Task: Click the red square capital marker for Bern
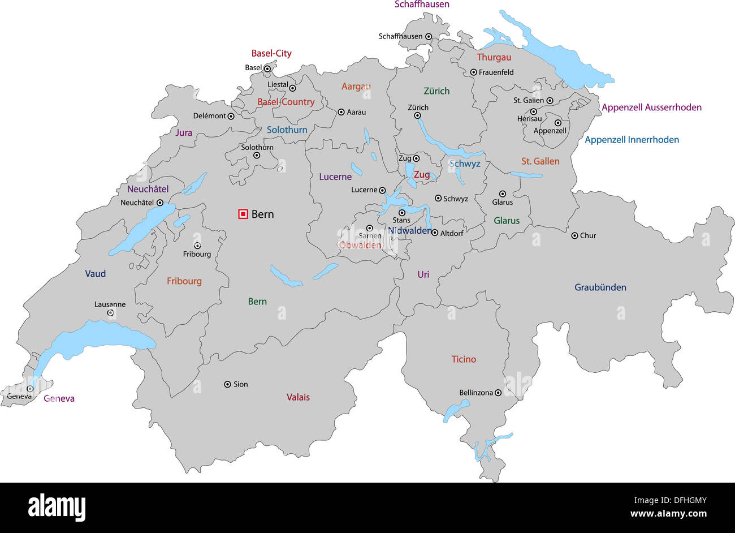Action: [243, 214]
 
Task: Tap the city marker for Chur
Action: [574, 235]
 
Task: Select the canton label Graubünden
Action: [600, 287]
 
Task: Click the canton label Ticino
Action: [464, 359]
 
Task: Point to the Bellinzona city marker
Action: [498, 393]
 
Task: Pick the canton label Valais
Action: [298, 397]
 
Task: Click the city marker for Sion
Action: [227, 384]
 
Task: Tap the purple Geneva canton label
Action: [59, 398]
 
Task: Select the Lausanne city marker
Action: [110, 313]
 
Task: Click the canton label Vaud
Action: [95, 273]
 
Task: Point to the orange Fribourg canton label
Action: [184, 281]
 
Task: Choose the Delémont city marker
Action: [231, 116]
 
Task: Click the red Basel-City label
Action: [271, 53]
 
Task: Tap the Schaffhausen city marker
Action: [429, 36]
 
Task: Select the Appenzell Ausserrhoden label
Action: [651, 107]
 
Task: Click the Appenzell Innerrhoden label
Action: [632, 139]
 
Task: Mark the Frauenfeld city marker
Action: [474, 72]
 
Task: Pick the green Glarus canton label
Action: [506, 221]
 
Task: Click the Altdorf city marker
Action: [435, 233]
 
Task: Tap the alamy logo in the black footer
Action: [57, 507]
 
